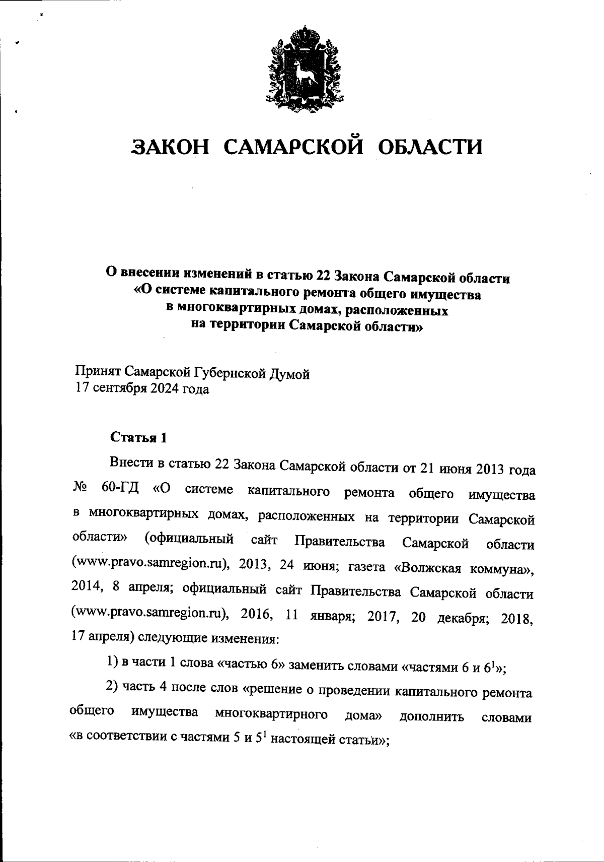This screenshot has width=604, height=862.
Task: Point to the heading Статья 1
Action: coord(138,437)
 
